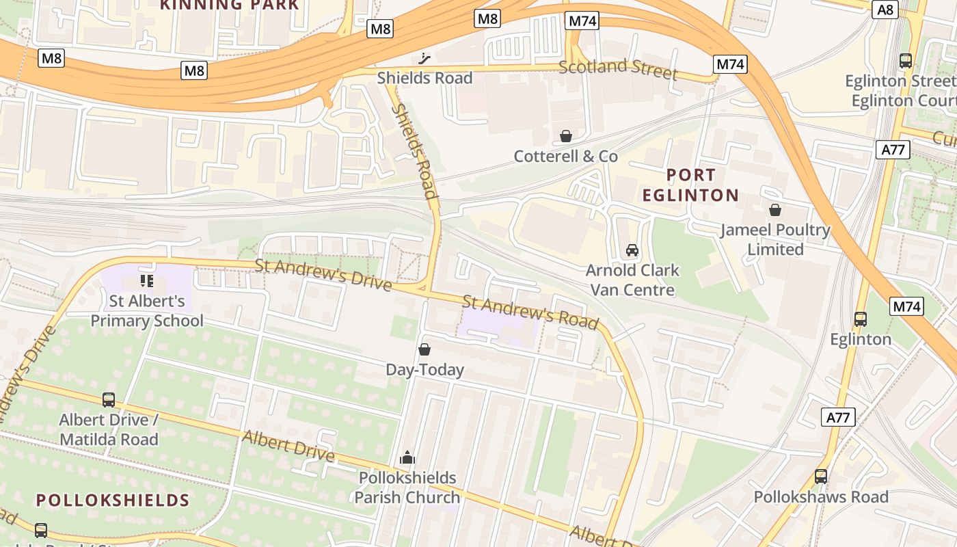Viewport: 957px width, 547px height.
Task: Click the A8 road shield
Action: (885, 9)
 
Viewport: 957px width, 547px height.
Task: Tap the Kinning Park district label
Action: (229, 5)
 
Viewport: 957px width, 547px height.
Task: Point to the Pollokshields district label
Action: (113, 500)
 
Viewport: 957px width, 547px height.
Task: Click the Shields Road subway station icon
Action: (425, 59)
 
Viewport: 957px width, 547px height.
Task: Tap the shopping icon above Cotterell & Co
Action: (566, 136)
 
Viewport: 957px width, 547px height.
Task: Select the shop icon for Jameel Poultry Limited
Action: (774, 209)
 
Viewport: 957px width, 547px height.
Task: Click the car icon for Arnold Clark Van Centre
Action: (632, 250)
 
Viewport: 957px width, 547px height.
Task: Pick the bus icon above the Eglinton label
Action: (861, 319)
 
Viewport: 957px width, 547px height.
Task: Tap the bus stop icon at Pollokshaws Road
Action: (821, 476)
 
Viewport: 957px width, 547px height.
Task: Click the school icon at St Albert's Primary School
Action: (147, 280)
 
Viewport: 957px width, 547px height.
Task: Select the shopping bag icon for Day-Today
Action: (424, 349)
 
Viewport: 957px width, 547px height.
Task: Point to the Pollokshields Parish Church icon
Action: (407, 457)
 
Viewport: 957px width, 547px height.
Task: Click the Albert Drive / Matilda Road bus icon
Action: (109, 399)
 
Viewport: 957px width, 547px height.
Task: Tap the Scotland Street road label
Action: (618, 69)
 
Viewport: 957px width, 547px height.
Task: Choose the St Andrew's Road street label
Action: (530, 311)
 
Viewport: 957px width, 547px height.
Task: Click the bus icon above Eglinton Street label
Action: (906, 60)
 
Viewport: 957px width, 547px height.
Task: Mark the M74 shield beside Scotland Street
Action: (730, 64)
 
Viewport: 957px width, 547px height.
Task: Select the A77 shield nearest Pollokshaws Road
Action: (838, 417)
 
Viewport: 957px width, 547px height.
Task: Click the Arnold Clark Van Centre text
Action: (632, 280)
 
